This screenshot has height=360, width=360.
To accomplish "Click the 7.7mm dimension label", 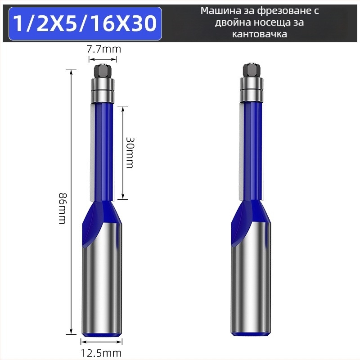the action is (x=103, y=49).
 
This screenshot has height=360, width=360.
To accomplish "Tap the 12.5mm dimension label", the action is (x=101, y=353).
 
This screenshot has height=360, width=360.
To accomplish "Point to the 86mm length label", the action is (x=62, y=209).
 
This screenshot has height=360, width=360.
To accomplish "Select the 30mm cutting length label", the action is (x=130, y=153).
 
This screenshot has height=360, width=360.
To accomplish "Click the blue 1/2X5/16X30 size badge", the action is (x=85, y=24).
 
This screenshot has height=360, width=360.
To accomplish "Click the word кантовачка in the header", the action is (x=260, y=34).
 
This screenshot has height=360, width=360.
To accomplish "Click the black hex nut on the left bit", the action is (x=103, y=71).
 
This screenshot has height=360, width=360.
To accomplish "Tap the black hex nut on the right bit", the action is (x=251, y=71).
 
